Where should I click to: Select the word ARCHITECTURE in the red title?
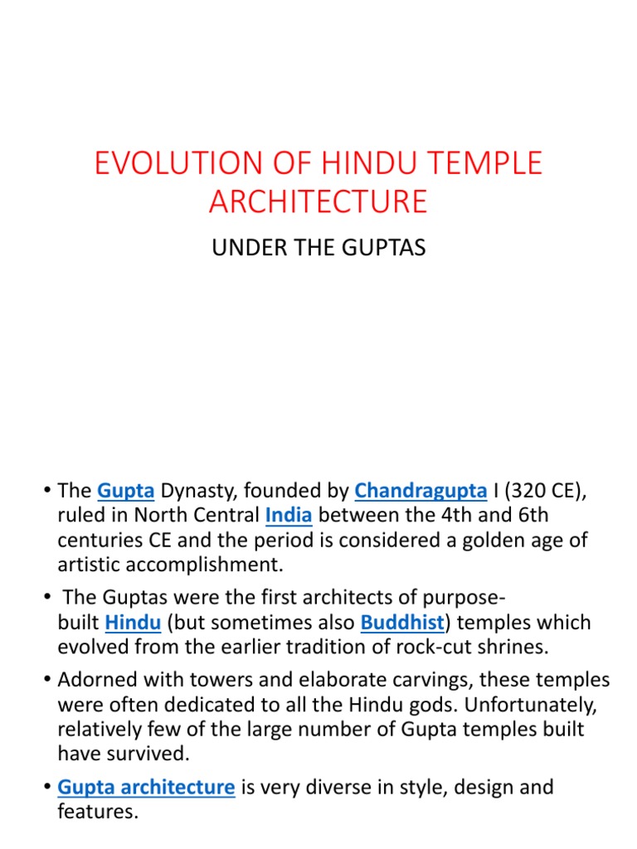[x=318, y=201]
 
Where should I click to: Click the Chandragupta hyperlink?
[x=421, y=491]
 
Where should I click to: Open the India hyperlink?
[x=289, y=516]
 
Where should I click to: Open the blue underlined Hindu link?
[x=133, y=623]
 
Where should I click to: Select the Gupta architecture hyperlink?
[x=146, y=787]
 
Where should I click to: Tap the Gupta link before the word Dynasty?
[x=126, y=491]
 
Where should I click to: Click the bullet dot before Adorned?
[x=50, y=680]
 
